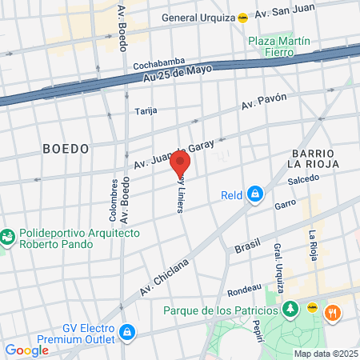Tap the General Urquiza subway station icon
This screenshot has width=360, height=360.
tap(242, 17)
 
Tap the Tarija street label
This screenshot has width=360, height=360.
tap(146, 110)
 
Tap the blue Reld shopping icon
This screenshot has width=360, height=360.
tap(254, 193)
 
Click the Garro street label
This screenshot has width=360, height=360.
tap(286, 204)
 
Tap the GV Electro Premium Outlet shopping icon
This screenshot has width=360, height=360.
tap(126, 331)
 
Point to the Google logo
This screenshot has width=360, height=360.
tap(26, 350)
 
